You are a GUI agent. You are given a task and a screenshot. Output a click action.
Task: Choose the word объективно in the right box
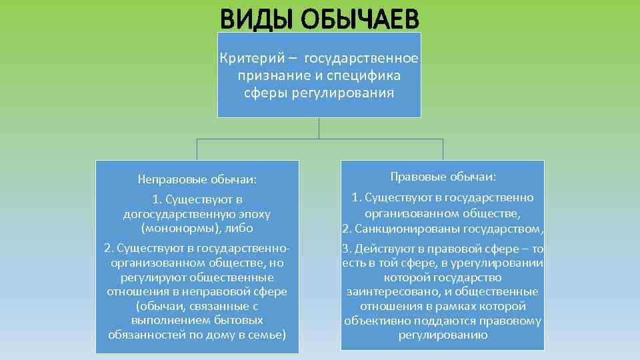375,321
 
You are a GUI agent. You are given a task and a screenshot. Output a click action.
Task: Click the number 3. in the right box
346,249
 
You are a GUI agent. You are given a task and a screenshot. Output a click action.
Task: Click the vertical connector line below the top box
319,128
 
